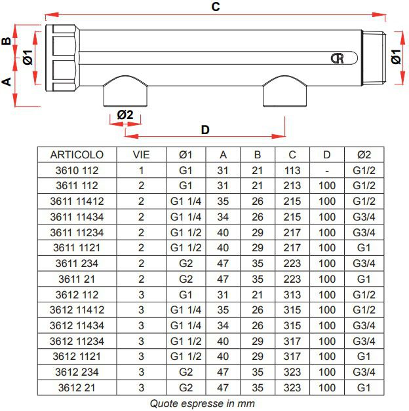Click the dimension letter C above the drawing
[216, 7]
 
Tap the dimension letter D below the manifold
[205, 130]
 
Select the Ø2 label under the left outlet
[125, 115]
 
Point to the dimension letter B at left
[7, 41]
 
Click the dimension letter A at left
[7, 82]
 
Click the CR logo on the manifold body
[338, 58]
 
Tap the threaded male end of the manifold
[374, 58]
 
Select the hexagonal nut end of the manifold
[62, 58]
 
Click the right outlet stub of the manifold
[285, 91]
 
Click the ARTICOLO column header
[77, 154]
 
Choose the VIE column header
[141, 154]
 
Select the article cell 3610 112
[77, 170]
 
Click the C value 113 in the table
[292, 170]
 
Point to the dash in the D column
[327, 171]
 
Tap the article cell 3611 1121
[77, 247]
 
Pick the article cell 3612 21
[77, 387]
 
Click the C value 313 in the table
[292, 295]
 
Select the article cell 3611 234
[77, 264]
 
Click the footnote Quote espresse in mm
[202, 404]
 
